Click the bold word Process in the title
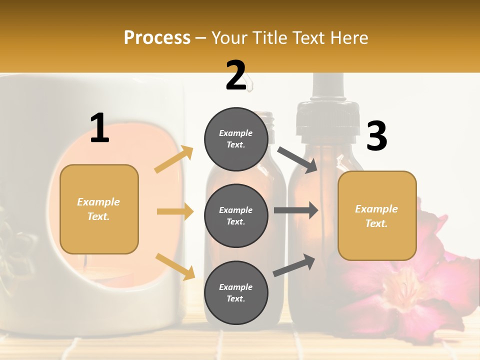[157, 38]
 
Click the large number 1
[99, 128]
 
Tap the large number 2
[236, 76]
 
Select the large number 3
[376, 136]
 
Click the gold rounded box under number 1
[99, 209]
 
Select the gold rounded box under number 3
[377, 215]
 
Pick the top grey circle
[236, 139]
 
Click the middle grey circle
[236, 215]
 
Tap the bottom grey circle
[236, 292]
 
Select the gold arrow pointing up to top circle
[174, 159]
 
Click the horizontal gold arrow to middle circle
[175, 211]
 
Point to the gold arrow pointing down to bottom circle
[175, 266]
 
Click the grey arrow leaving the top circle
[298, 159]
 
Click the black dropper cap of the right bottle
[328, 120]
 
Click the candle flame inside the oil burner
[85, 259]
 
